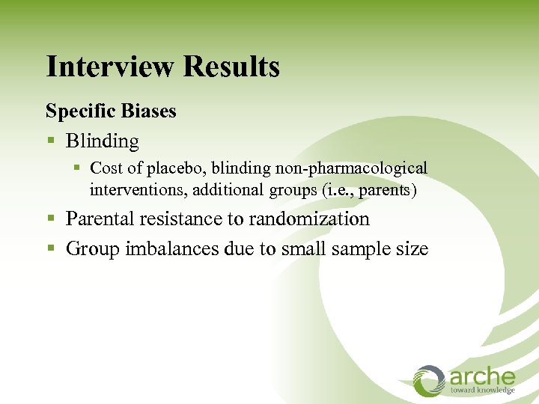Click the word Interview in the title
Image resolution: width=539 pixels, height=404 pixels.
(110, 67)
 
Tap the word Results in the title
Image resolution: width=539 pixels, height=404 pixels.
(231, 67)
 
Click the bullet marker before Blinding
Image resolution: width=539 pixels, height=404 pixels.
(50, 141)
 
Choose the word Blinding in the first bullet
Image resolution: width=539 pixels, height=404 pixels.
(103, 141)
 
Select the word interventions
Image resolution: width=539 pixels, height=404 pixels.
(138, 190)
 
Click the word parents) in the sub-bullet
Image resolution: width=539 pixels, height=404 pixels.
(387, 190)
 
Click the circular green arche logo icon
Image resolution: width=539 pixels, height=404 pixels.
(430, 380)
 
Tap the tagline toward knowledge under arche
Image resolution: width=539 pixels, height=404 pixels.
(482, 391)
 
